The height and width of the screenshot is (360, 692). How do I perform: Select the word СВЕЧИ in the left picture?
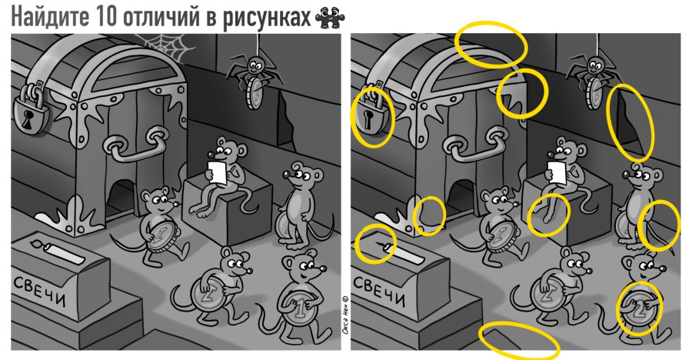(x=38, y=287)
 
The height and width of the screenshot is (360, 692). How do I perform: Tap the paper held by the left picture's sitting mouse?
(x=218, y=171)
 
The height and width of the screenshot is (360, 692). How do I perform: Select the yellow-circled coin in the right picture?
(x=638, y=308)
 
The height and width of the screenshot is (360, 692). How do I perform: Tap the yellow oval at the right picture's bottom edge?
(x=519, y=341)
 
